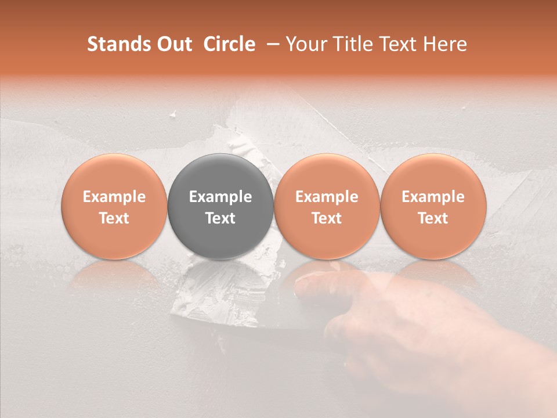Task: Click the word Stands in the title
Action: pyautogui.click(x=118, y=44)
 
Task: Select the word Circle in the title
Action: pyautogui.click(x=229, y=44)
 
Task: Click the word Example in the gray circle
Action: pyautogui.click(x=220, y=197)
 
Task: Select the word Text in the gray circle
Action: pyautogui.click(x=220, y=218)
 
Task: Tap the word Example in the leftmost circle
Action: pyautogui.click(x=114, y=197)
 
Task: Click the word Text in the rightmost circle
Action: pyautogui.click(x=433, y=218)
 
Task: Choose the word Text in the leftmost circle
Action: pyautogui.click(x=114, y=218)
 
